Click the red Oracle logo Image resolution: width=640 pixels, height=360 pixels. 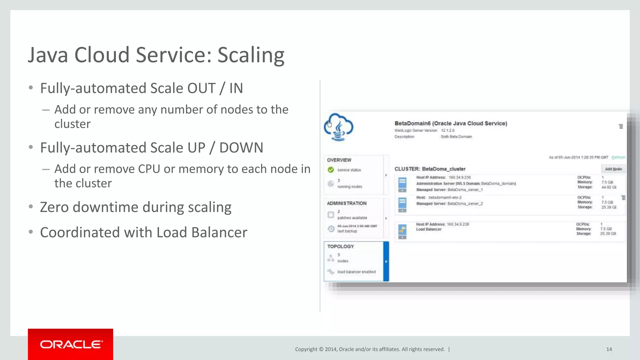pyautogui.click(x=71, y=344)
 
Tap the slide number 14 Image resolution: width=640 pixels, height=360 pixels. pyautogui.click(x=609, y=349)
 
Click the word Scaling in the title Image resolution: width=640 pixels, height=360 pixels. pyautogui.click(x=251, y=55)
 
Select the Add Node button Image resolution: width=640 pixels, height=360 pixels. pyautogui.click(x=613, y=169)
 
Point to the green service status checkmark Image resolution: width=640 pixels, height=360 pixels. pyautogui.click(x=331, y=170)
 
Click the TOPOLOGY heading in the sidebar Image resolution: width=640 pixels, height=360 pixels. pyautogui.click(x=340, y=247)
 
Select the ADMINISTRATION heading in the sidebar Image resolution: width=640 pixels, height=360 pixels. pyautogui.click(x=347, y=203)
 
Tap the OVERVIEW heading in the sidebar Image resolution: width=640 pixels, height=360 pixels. pyautogui.click(x=339, y=160)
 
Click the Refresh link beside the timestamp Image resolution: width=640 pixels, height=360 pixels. pyautogui.click(x=618, y=157)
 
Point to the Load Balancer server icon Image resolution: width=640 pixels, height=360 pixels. pyautogui.click(x=402, y=231)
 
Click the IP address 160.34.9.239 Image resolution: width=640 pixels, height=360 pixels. pyautogui.click(x=458, y=224)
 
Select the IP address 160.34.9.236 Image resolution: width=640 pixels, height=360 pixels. pyautogui.click(x=460, y=177)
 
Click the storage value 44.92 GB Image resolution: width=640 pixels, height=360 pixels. pyautogui.click(x=609, y=187)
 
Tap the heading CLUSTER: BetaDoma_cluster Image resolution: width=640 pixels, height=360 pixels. pyautogui.click(x=430, y=169)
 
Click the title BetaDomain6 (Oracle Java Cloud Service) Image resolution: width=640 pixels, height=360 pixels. pyautogui.click(x=451, y=123)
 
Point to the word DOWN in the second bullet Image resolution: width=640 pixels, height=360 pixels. pyautogui.click(x=241, y=148)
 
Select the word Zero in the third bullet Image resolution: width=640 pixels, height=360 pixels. pyautogui.click(x=54, y=207)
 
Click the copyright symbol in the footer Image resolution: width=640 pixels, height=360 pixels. pyautogui.click(x=321, y=349)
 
